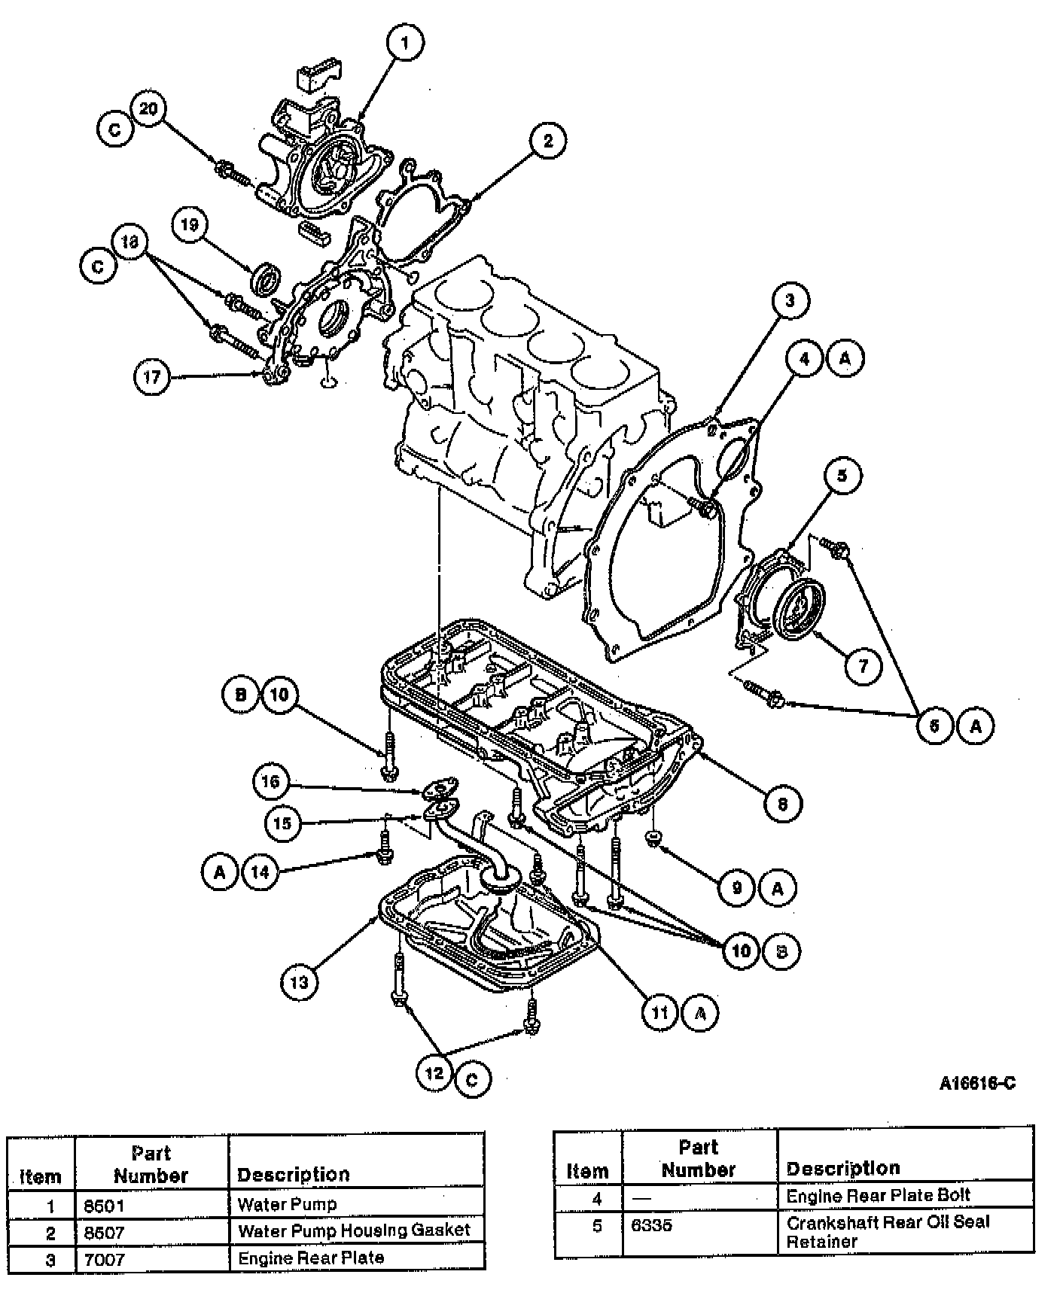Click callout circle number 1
click(x=405, y=44)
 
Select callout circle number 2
click(x=547, y=140)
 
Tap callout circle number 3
click(x=790, y=301)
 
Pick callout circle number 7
click(x=863, y=665)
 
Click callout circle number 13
click(x=299, y=981)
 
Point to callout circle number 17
click(x=152, y=376)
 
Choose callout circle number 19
click(x=189, y=224)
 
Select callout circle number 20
click(x=148, y=109)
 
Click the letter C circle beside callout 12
click(x=472, y=1079)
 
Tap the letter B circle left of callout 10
click(x=241, y=694)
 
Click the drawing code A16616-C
click(x=977, y=1083)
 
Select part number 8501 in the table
click(x=104, y=1206)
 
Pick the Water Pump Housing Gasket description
click(x=354, y=1230)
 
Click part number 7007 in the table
click(x=104, y=1259)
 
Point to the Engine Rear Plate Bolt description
click(x=878, y=1195)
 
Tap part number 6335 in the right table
click(x=652, y=1226)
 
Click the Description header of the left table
click(x=294, y=1174)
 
